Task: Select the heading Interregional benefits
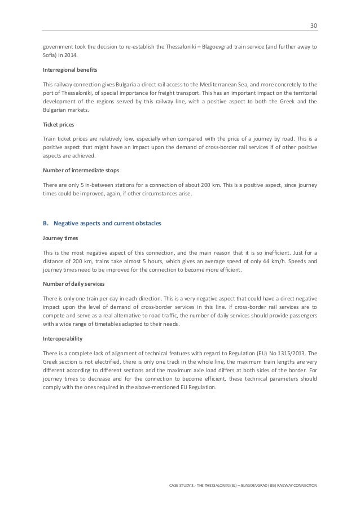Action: (x=67, y=69)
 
